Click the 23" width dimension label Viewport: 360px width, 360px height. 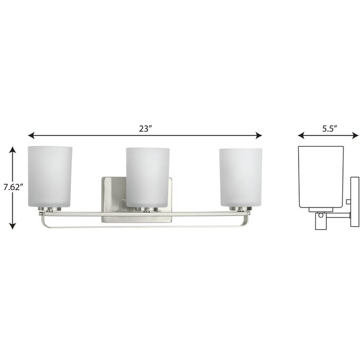(145, 128)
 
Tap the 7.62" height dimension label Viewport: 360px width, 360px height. (13, 188)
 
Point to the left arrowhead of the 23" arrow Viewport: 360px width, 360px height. (31, 135)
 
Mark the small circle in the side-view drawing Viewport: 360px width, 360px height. (321, 217)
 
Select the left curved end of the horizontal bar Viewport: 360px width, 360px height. (43, 220)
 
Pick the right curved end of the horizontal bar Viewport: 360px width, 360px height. (247, 220)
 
